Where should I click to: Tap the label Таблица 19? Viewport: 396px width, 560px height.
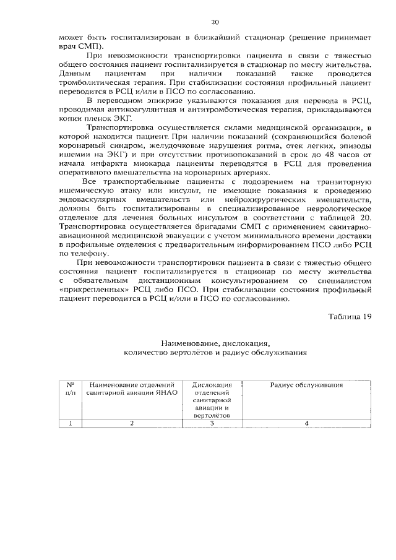click(350, 317)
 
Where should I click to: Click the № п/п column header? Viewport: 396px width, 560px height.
click(70, 389)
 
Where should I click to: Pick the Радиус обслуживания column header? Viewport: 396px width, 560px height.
click(306, 385)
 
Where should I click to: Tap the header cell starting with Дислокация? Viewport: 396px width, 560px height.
click(212, 400)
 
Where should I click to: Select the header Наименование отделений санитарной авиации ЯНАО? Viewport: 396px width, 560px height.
click(132, 389)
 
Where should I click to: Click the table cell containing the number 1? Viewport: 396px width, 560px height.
click(70, 423)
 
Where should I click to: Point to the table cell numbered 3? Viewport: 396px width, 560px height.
click(212, 423)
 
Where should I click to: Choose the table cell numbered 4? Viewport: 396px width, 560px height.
click(306, 423)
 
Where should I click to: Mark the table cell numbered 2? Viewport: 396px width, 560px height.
click(132, 423)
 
